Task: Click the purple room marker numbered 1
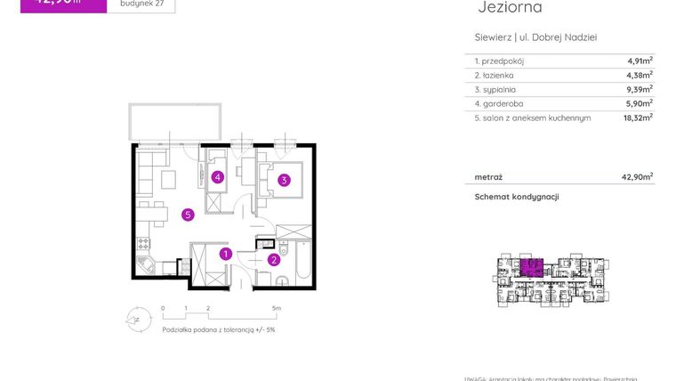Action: (226, 254)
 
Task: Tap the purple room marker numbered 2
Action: (274, 260)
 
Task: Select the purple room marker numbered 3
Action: (284, 180)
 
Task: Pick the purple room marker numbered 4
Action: (217, 177)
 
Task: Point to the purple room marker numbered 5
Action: (188, 214)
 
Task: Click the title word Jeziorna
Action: (510, 8)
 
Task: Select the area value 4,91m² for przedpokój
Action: (639, 61)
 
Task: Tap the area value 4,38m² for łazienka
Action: (639, 76)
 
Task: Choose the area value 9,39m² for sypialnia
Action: (639, 89)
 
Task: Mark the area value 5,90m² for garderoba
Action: (639, 103)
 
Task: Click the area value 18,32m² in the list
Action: (637, 117)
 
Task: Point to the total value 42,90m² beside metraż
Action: (637, 176)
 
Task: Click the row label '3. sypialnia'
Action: (495, 89)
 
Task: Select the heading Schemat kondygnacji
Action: (516, 197)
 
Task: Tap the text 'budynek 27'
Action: (141, 3)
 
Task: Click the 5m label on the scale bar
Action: (277, 309)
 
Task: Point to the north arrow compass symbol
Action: (135, 317)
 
